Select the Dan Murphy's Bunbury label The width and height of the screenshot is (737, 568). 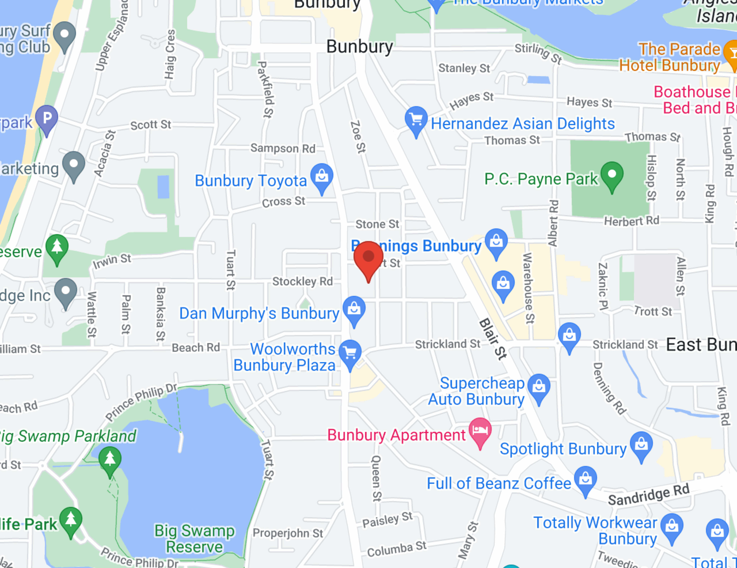click(259, 314)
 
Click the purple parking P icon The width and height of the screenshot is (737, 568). click(47, 118)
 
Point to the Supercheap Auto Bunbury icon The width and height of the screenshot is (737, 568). click(539, 386)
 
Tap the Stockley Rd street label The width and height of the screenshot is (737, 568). click(302, 281)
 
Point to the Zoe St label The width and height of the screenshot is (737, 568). click(358, 137)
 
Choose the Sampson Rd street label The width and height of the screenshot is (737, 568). click(283, 148)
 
